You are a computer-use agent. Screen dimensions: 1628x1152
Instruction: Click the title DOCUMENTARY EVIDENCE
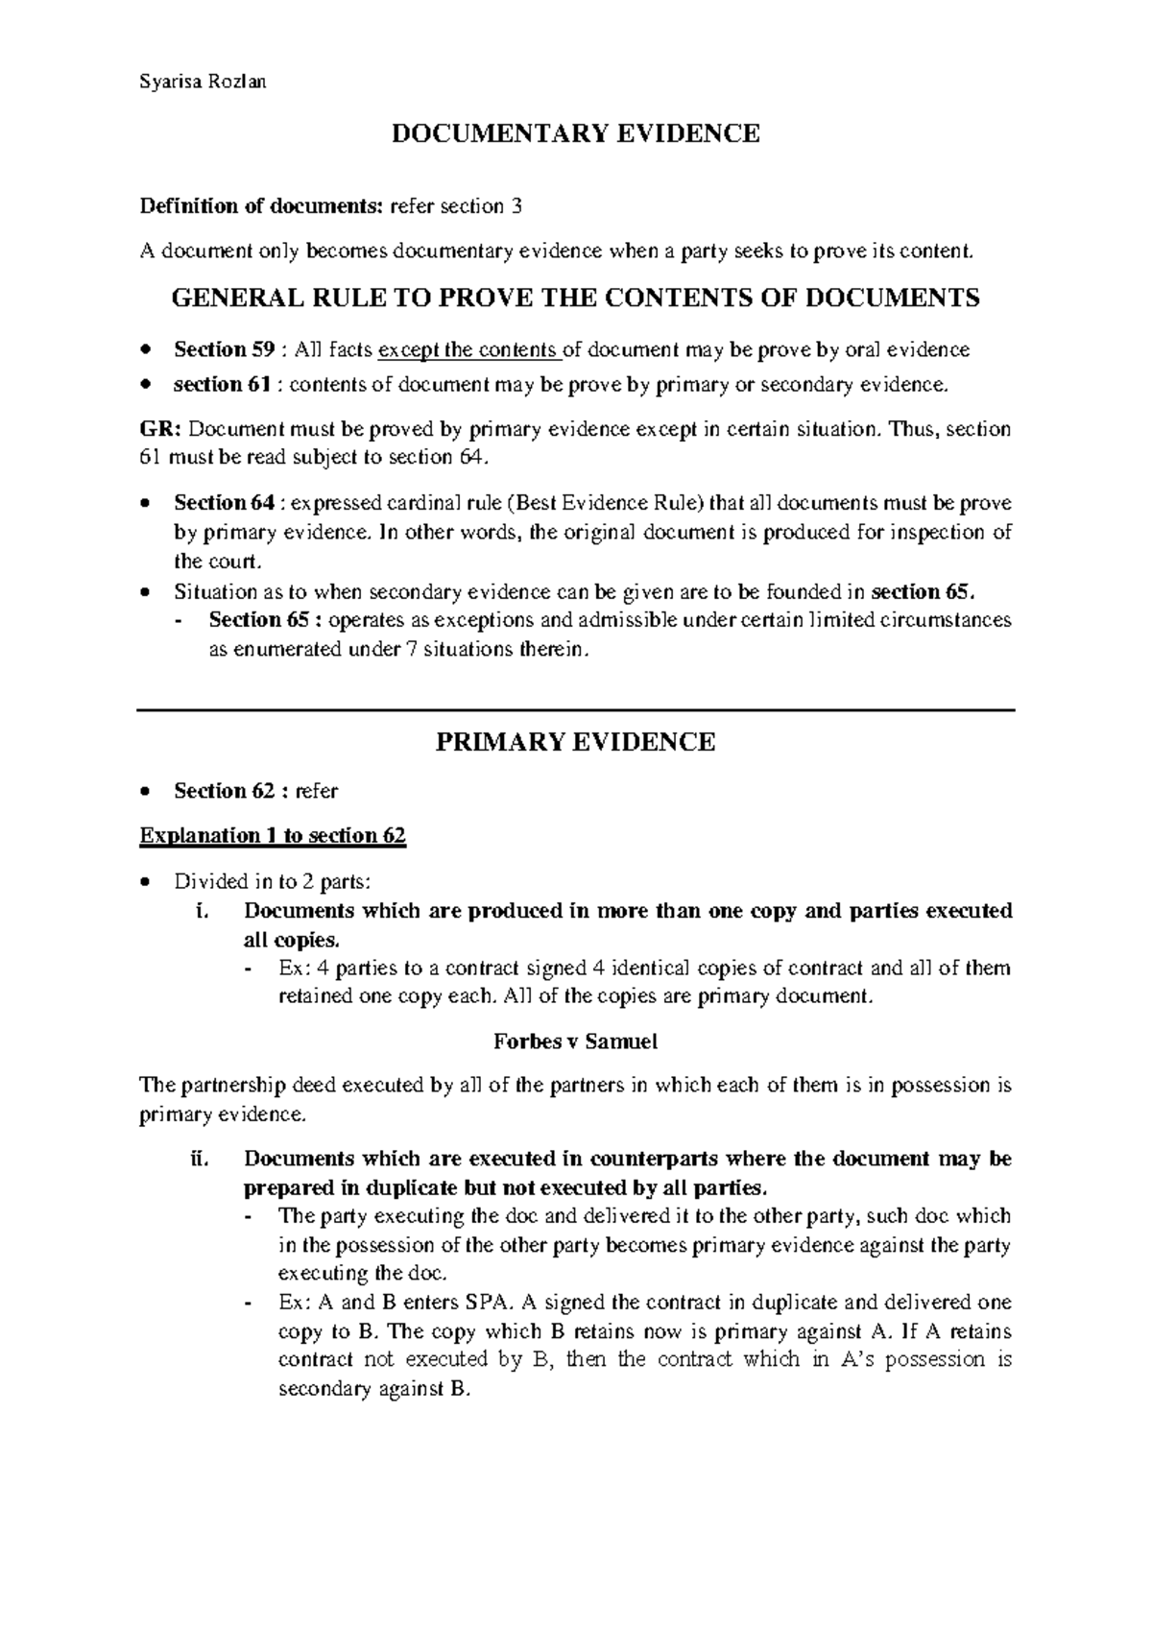click(x=575, y=133)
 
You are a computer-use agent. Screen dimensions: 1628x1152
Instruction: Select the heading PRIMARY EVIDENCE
click(x=575, y=742)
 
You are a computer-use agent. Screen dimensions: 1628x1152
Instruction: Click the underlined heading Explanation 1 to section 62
click(x=273, y=836)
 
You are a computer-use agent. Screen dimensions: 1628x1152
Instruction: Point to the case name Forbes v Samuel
click(x=575, y=1041)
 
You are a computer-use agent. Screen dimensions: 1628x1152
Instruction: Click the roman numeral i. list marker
click(x=201, y=911)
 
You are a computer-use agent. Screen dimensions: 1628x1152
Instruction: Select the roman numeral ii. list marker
click(x=198, y=1159)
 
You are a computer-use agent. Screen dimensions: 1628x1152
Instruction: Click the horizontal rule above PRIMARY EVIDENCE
click(x=575, y=710)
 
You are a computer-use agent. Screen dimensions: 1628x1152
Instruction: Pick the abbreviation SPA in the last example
click(x=485, y=1303)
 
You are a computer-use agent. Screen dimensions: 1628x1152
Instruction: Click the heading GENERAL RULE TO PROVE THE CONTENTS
click(x=575, y=299)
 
